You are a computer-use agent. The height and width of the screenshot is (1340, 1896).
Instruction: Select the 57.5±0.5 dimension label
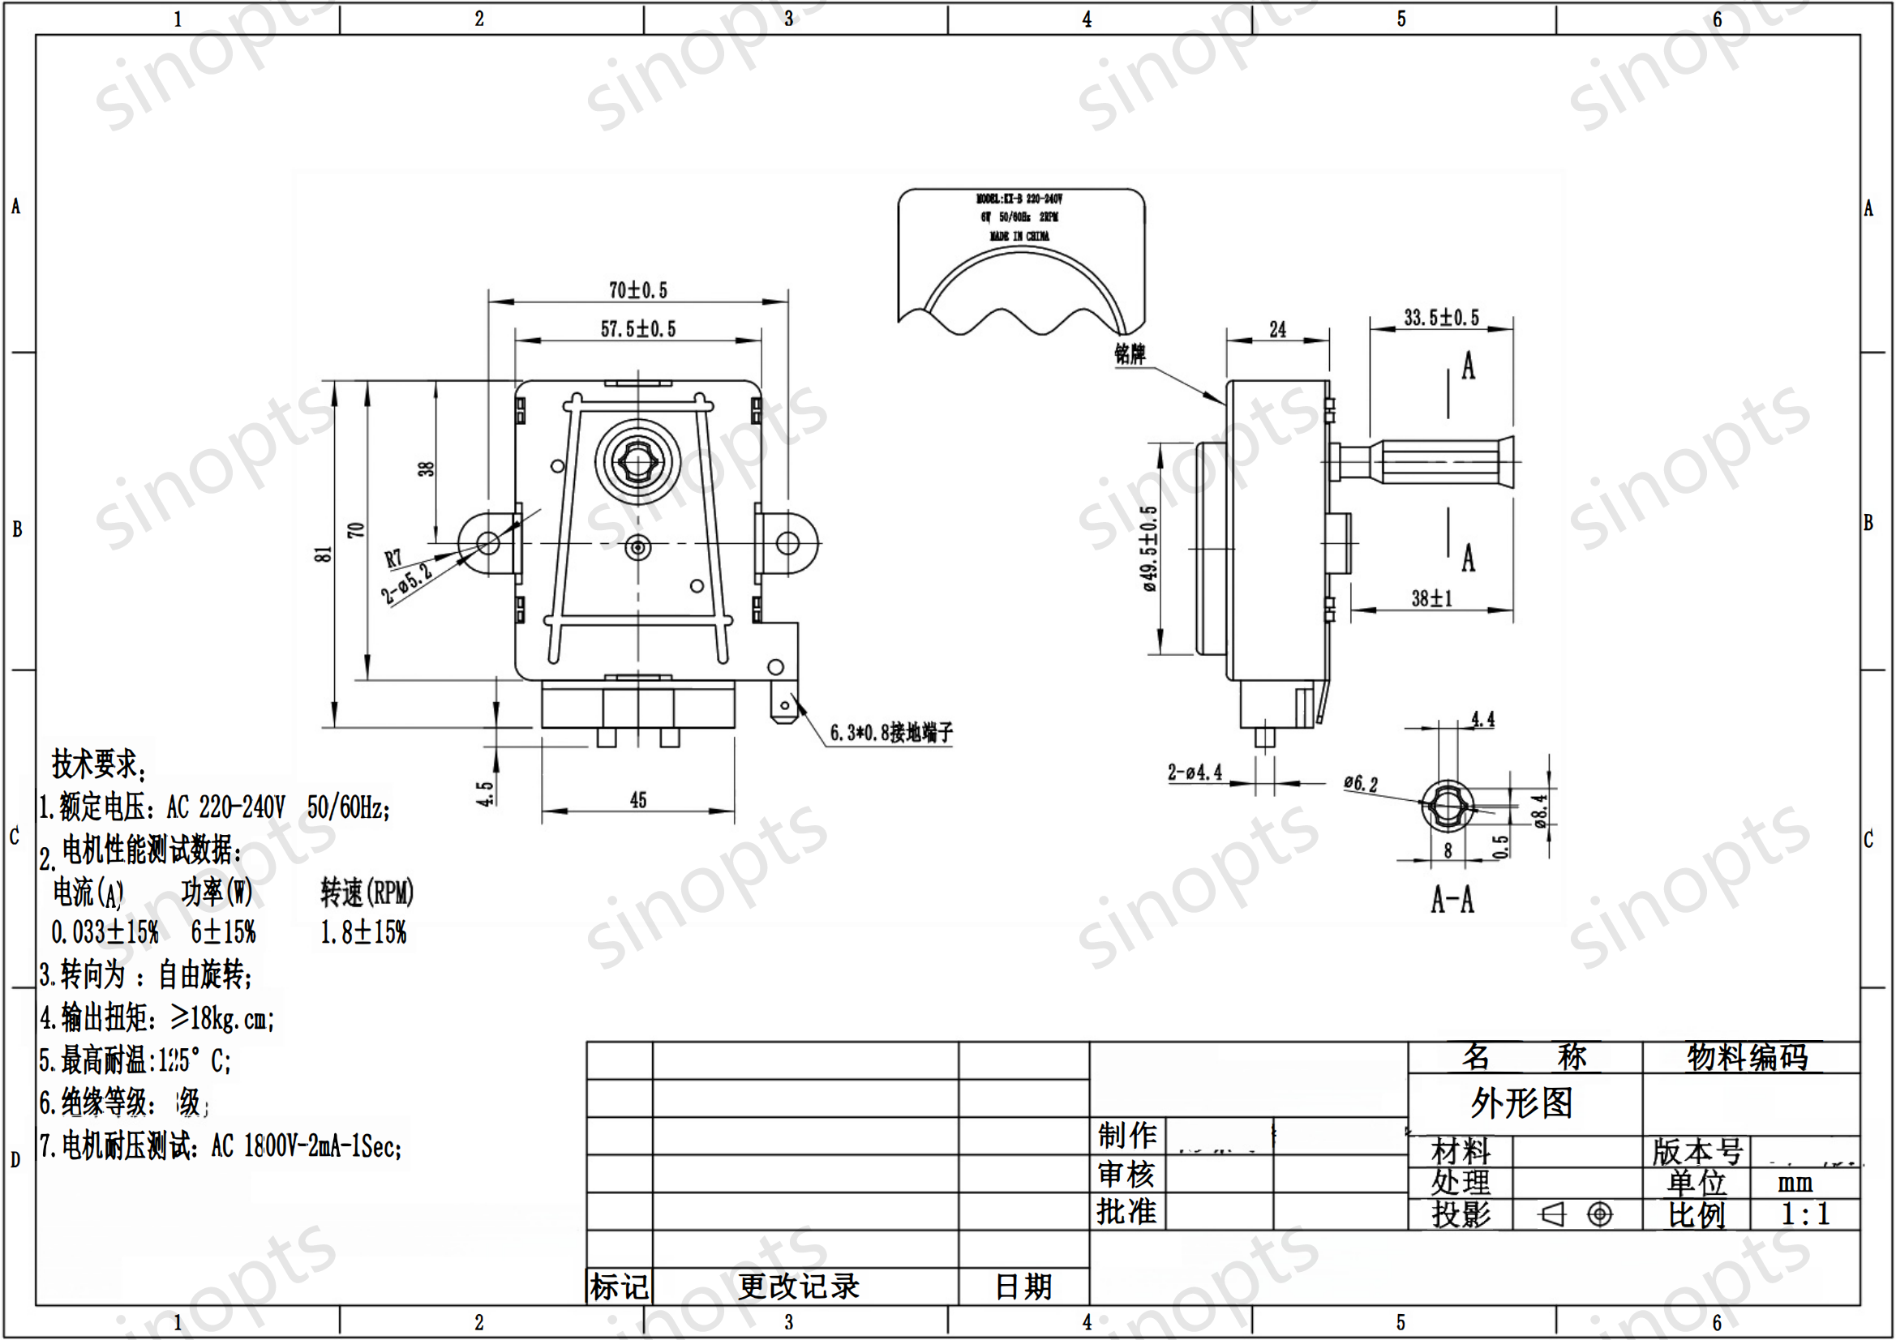pos(637,329)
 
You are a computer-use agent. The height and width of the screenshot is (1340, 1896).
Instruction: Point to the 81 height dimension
pos(324,554)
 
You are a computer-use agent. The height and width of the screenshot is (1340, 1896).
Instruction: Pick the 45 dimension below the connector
pos(637,800)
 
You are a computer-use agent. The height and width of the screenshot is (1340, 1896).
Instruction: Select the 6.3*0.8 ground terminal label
pos(890,732)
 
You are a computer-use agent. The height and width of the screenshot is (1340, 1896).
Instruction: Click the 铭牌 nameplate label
pos(1130,354)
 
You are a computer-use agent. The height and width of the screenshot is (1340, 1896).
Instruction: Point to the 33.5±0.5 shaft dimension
pos(1441,318)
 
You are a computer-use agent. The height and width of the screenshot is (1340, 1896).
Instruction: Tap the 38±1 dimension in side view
pos(1431,598)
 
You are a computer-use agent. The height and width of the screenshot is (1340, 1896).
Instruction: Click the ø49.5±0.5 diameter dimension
pos(1149,549)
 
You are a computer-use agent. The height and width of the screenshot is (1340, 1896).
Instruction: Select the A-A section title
pos(1452,900)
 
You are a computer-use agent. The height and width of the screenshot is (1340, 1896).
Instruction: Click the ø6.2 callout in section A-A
pos(1360,784)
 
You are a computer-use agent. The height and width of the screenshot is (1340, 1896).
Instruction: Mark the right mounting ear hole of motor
pos(787,543)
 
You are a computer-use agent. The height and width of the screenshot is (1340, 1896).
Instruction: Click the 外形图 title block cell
pos(1521,1103)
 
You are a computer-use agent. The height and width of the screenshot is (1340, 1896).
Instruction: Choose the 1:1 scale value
pos(1804,1214)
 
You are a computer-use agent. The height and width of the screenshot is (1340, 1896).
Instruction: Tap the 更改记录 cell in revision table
pos(798,1286)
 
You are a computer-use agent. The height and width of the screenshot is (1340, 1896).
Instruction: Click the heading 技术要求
pos(97,764)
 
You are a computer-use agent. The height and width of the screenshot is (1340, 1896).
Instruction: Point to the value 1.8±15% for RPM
pos(363,933)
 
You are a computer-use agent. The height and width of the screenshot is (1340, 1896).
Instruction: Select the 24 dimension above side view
pos(1276,330)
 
